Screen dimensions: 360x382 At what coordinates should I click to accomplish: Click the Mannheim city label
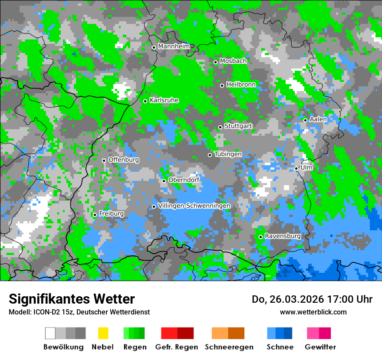pyautogui.click(x=174, y=46)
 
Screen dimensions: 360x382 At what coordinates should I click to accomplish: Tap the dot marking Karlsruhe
pyautogui.click(x=145, y=101)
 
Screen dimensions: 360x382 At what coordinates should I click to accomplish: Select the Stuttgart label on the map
pyautogui.click(x=238, y=126)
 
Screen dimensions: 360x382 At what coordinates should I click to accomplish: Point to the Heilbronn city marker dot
pyautogui.click(x=222, y=85)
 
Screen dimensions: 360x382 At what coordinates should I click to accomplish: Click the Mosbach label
pyautogui.click(x=233, y=61)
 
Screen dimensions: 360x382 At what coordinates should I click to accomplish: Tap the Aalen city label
pyautogui.click(x=318, y=119)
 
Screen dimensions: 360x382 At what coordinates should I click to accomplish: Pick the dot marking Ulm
pyautogui.click(x=296, y=168)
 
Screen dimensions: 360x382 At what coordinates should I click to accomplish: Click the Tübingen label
pyautogui.click(x=228, y=154)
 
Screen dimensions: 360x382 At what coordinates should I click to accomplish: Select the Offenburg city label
pyautogui.click(x=124, y=160)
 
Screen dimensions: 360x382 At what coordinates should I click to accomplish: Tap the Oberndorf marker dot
pyautogui.click(x=164, y=181)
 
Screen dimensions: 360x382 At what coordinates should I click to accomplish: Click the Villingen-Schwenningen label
pyautogui.click(x=194, y=206)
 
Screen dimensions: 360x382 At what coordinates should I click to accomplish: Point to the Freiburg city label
pyautogui.click(x=111, y=214)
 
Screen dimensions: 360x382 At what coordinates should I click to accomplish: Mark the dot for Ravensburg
pyautogui.click(x=260, y=237)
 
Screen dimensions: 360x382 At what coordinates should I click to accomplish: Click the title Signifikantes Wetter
pyautogui.click(x=72, y=299)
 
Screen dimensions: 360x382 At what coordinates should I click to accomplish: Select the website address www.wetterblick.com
pyautogui.click(x=313, y=312)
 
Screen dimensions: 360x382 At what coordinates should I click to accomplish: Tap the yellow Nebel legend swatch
pyautogui.click(x=103, y=333)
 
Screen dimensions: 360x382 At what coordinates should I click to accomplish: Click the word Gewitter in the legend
pyautogui.click(x=320, y=347)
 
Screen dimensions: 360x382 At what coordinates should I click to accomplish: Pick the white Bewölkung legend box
pyautogui.click(x=50, y=333)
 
